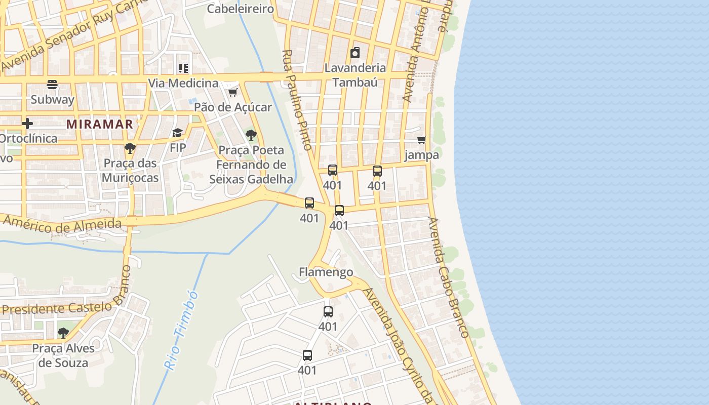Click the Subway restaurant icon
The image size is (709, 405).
(52, 85)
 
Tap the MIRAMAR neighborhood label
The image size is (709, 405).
(100, 124)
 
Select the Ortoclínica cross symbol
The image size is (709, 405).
(27, 124)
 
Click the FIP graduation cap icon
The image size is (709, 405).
(177, 133)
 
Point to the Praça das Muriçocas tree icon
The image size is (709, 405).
(130, 148)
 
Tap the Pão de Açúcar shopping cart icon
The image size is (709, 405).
(232, 92)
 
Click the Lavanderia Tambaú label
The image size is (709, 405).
(355, 75)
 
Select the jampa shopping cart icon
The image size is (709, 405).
(421, 140)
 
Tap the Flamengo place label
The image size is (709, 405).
(326, 272)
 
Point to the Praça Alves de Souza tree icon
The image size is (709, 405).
(63, 333)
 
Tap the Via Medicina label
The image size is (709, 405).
(183, 83)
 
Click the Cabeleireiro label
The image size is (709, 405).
(241, 9)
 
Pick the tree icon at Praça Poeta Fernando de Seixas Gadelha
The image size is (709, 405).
(251, 135)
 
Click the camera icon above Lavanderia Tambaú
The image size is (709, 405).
(355, 53)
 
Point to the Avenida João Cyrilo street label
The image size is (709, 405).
(400, 344)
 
